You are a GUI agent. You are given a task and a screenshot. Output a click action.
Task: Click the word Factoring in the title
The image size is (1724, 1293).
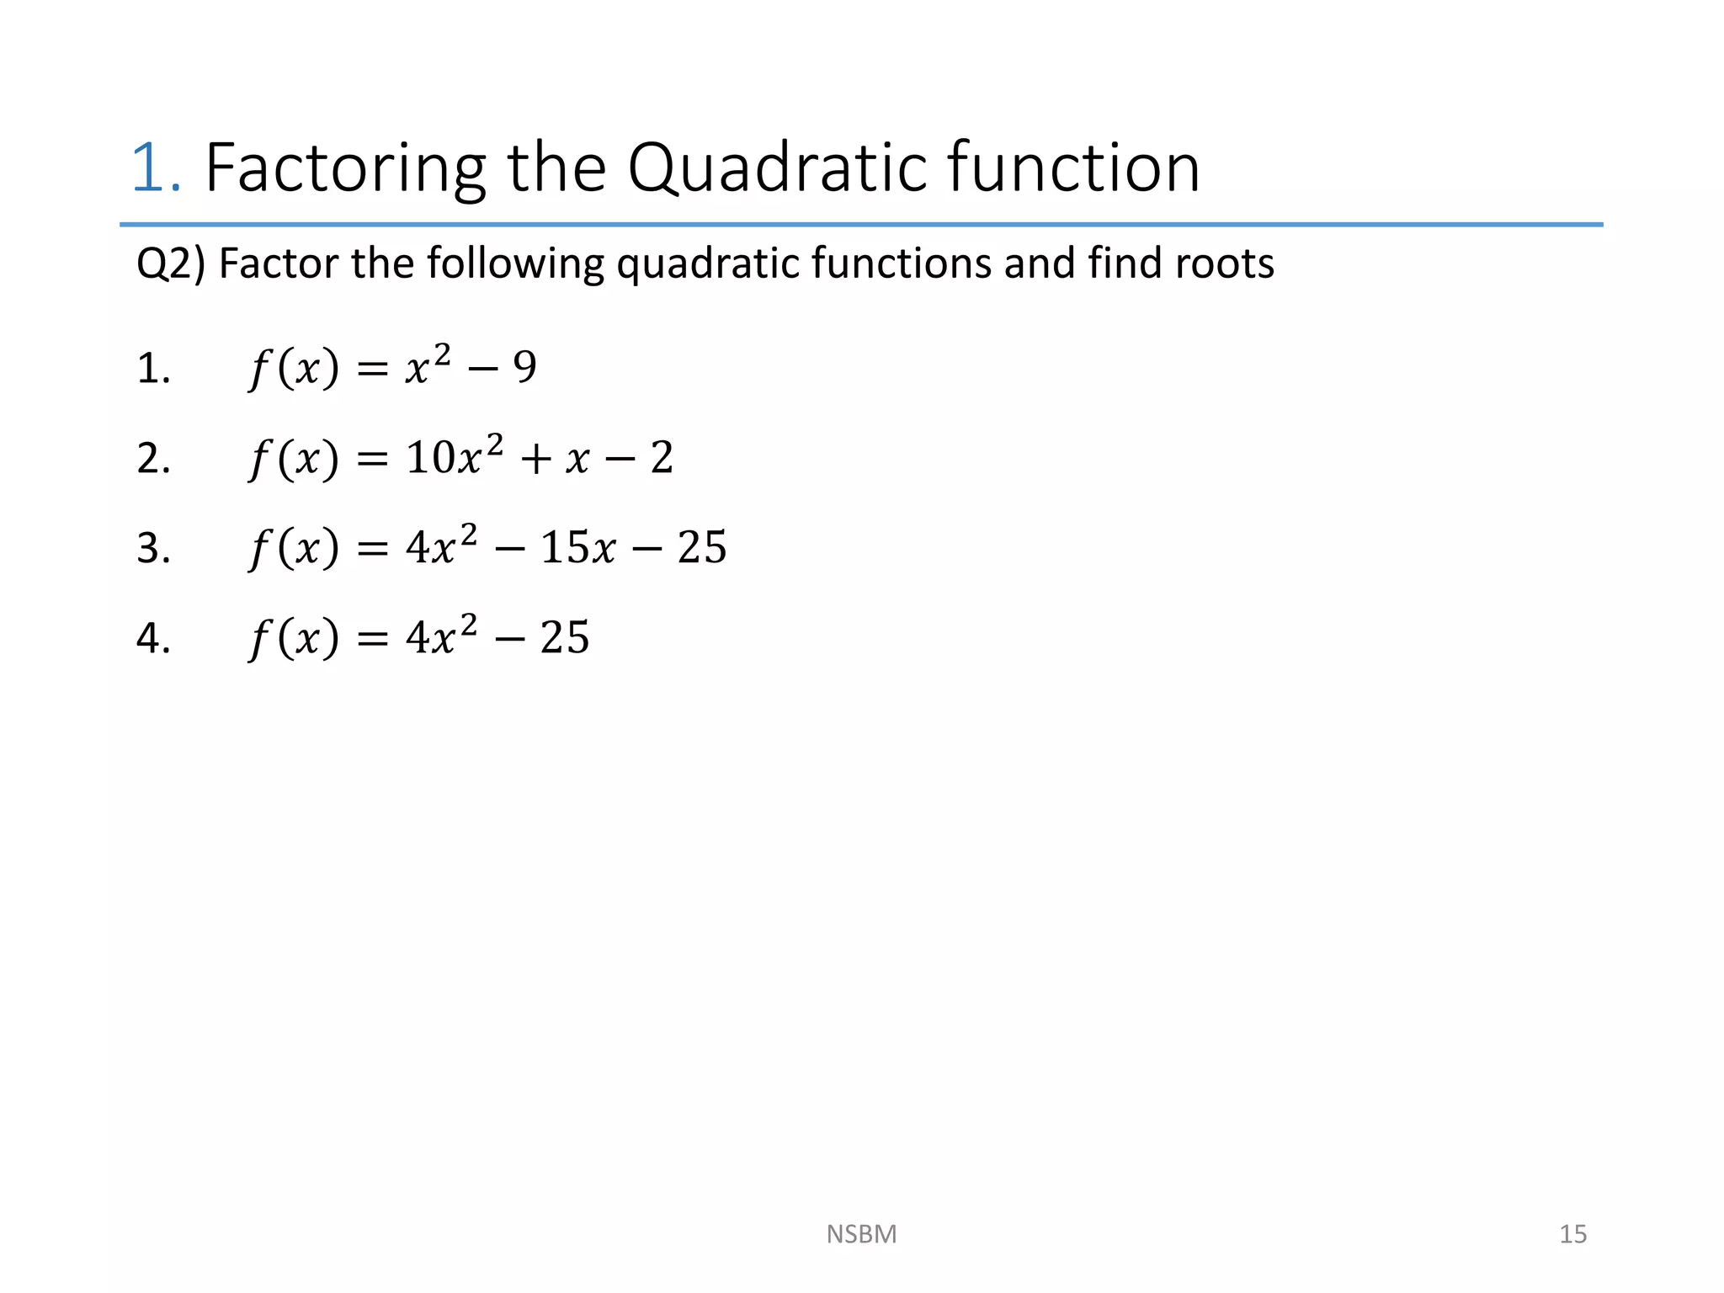[x=344, y=168]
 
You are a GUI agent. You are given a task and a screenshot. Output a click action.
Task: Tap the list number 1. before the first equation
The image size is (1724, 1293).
[x=153, y=370]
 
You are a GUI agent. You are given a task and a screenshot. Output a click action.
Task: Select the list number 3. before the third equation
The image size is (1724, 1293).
[x=153, y=549]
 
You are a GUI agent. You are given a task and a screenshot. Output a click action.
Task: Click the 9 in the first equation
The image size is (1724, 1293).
[x=524, y=368]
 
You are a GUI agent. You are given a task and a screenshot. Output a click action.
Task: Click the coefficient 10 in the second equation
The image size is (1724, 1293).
[x=429, y=459]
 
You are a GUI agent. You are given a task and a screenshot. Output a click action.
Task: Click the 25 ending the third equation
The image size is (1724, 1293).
[x=701, y=548]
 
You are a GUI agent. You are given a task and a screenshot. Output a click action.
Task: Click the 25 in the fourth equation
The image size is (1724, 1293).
[x=564, y=638]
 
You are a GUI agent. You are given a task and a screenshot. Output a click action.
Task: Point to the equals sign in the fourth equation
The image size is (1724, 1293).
[x=372, y=639]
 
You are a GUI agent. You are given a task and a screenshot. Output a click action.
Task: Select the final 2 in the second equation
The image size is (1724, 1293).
[x=662, y=459]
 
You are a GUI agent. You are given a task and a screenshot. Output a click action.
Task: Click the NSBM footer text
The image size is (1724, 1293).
[x=861, y=1234]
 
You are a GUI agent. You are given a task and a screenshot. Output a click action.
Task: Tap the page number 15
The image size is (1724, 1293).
[x=1572, y=1234]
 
